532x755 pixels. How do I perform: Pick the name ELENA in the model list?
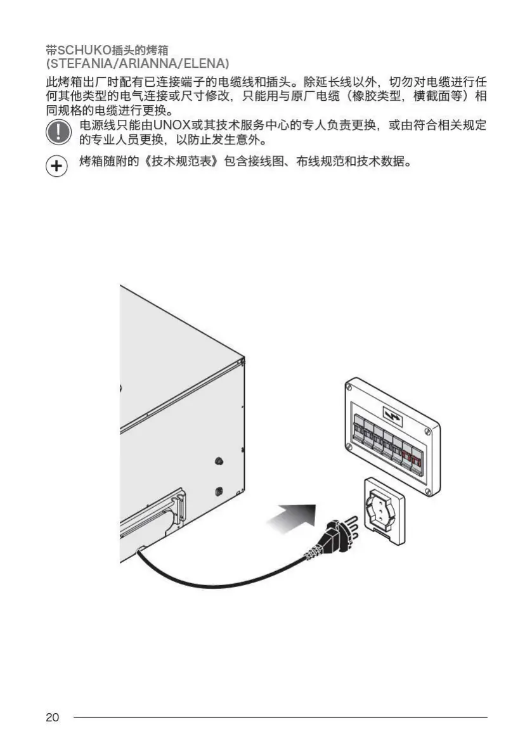coord(202,64)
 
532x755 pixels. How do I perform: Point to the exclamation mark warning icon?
coord(58,132)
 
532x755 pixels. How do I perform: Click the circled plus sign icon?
coord(57,167)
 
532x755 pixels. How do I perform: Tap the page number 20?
coord(53,718)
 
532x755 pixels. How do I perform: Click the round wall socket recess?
coord(384,507)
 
